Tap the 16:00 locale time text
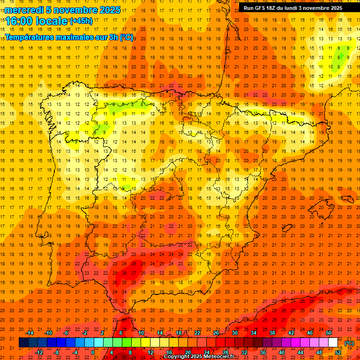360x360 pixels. [x=37, y=21]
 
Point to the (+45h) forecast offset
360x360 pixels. [x=81, y=21]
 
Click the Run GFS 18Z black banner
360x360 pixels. [x=293, y=8]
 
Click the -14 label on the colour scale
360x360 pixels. [x=30, y=333]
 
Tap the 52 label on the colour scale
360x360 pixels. [x=338, y=352]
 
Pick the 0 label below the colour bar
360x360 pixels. [x=93, y=352]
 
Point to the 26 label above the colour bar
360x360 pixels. [x=216, y=333]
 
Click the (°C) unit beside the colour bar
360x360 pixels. [x=349, y=343]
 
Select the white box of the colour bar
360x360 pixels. [x=333, y=343]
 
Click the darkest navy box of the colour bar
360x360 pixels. [x=23, y=343]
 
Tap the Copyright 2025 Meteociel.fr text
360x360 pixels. [x=199, y=357]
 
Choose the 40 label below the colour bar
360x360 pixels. [x=282, y=352]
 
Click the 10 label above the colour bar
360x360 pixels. [x=141, y=333]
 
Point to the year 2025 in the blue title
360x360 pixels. [x=110, y=10]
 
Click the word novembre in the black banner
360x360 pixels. [x=315, y=8]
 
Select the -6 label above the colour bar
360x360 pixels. [x=67, y=333]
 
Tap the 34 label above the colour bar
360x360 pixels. [x=254, y=333]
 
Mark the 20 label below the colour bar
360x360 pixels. [x=187, y=352]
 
